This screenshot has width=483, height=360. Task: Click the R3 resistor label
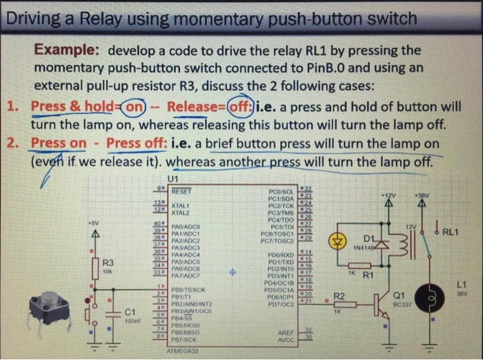tap(108, 263)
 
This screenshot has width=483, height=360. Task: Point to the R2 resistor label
tap(339, 296)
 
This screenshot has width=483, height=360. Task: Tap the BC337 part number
tap(401, 304)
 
